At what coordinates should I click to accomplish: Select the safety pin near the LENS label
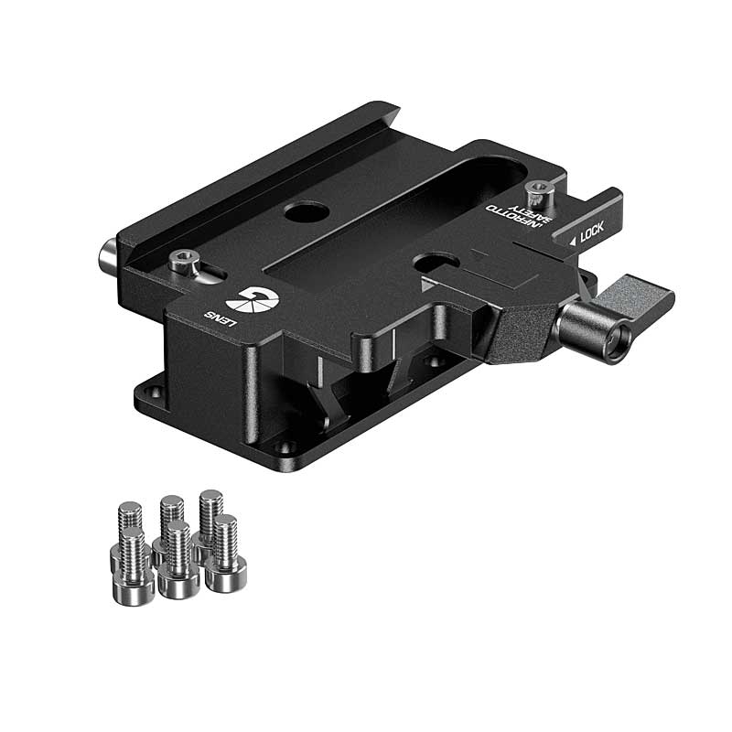[x=184, y=262]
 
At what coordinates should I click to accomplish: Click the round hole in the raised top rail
[x=306, y=212]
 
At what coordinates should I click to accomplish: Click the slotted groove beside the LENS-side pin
[x=214, y=272]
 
